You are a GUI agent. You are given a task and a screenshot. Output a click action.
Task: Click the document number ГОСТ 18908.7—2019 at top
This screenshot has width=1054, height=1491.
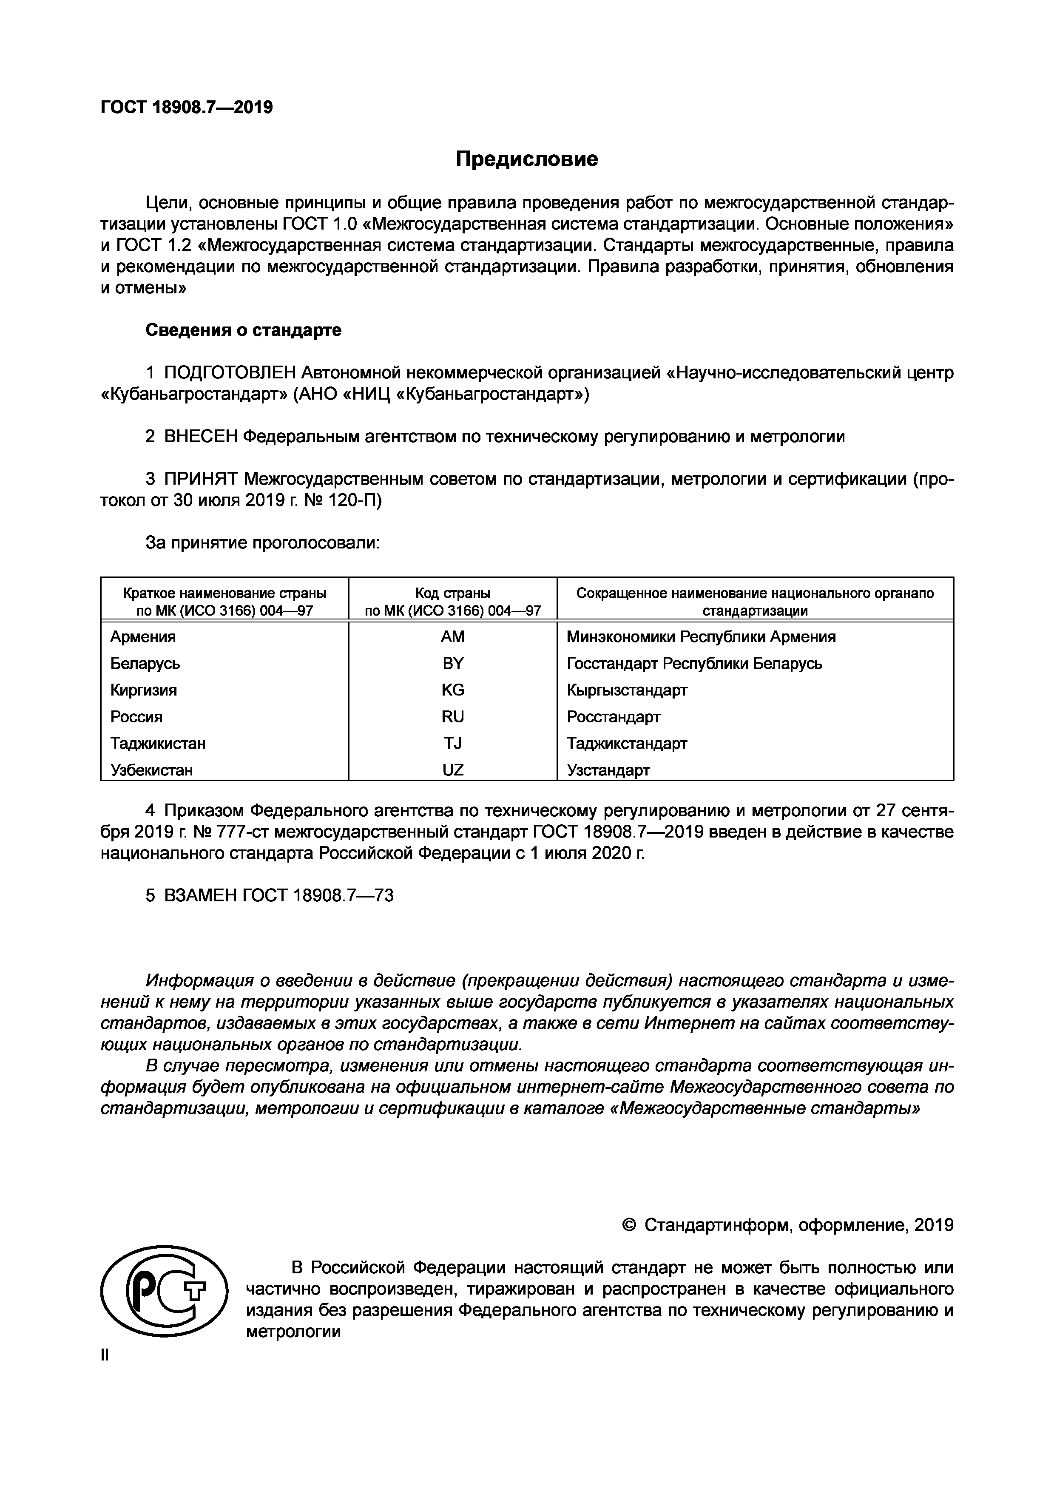coord(186,107)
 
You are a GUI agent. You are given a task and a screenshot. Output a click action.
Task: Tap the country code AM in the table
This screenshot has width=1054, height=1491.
coord(453,636)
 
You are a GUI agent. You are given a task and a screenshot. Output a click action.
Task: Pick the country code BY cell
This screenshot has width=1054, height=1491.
coord(453,663)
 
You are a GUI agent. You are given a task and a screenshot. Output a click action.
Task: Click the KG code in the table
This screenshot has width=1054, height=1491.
coord(453,690)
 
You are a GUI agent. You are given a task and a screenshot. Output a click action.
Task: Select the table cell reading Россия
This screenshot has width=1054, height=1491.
coord(136,716)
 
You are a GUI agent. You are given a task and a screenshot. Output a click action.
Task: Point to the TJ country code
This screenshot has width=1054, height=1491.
coord(453,743)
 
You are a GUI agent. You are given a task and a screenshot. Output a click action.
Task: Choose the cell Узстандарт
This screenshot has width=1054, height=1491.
coord(608,770)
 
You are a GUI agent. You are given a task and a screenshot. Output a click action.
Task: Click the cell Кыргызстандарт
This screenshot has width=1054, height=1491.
coord(627,690)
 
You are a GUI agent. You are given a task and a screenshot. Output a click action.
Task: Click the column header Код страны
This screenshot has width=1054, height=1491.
coord(453,593)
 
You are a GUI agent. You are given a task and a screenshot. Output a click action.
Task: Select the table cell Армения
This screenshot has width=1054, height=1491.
coord(143,636)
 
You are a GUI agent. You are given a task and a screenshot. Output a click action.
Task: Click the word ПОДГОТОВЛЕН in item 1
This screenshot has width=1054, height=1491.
coord(230,373)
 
